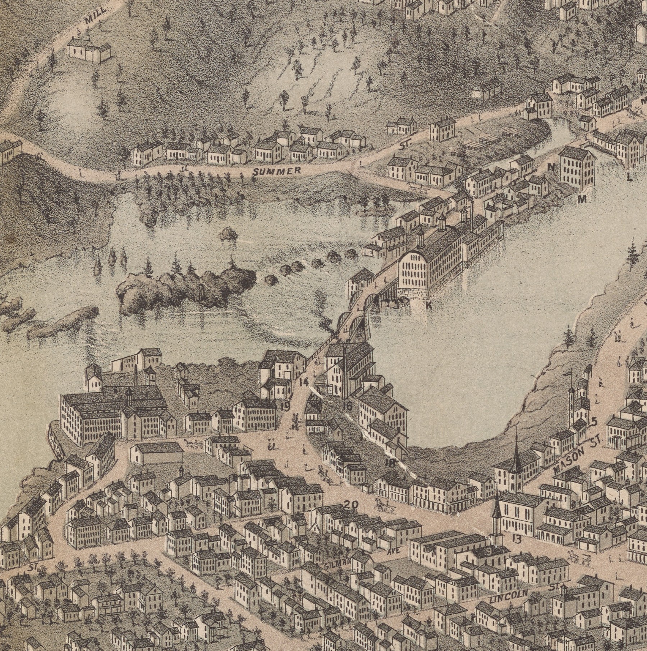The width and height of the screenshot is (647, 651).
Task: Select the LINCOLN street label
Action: click(510, 597)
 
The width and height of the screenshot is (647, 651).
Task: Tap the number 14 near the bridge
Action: click(304, 382)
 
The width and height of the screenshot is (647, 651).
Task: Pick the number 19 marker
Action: click(285, 407)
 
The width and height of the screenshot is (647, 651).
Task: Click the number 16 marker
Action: click(347, 406)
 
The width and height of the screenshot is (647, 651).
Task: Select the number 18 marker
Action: click(390, 463)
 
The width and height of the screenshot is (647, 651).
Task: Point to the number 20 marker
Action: click(351, 505)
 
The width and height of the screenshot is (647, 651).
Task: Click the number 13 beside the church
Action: click(517, 539)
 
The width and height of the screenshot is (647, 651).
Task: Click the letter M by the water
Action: click(582, 200)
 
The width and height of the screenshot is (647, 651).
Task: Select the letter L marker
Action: click(629, 177)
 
